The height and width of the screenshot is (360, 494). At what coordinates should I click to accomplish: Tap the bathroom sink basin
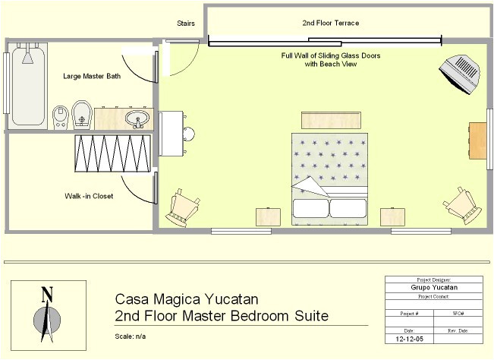[x=137, y=118]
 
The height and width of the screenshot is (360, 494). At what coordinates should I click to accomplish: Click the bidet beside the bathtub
[x=61, y=117]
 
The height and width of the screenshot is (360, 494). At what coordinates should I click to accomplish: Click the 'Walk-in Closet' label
[x=89, y=196]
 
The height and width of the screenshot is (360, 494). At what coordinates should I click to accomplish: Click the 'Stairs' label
[x=186, y=24]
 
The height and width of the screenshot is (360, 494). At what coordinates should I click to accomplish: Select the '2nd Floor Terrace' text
[x=330, y=23]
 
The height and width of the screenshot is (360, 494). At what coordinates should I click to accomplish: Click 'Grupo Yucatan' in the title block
[x=434, y=288]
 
